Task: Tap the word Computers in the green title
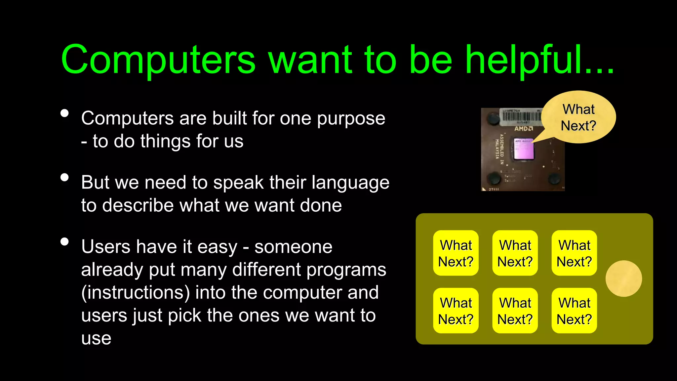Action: point(158,60)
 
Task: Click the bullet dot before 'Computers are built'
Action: point(65,113)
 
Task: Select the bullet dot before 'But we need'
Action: point(65,178)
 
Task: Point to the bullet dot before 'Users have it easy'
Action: point(65,242)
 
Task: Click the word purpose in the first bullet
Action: point(351,118)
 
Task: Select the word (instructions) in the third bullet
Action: point(136,292)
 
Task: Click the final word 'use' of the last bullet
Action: point(96,338)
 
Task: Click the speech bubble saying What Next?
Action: point(578,117)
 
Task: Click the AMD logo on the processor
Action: point(523,128)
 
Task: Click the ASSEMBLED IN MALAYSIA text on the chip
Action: point(499,149)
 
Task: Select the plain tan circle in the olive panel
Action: point(623,278)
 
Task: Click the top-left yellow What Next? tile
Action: point(456,253)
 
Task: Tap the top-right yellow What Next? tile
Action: point(574,253)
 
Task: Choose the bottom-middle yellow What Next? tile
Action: point(515,311)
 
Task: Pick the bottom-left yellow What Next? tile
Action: point(456,311)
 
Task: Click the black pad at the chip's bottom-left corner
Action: point(495,178)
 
